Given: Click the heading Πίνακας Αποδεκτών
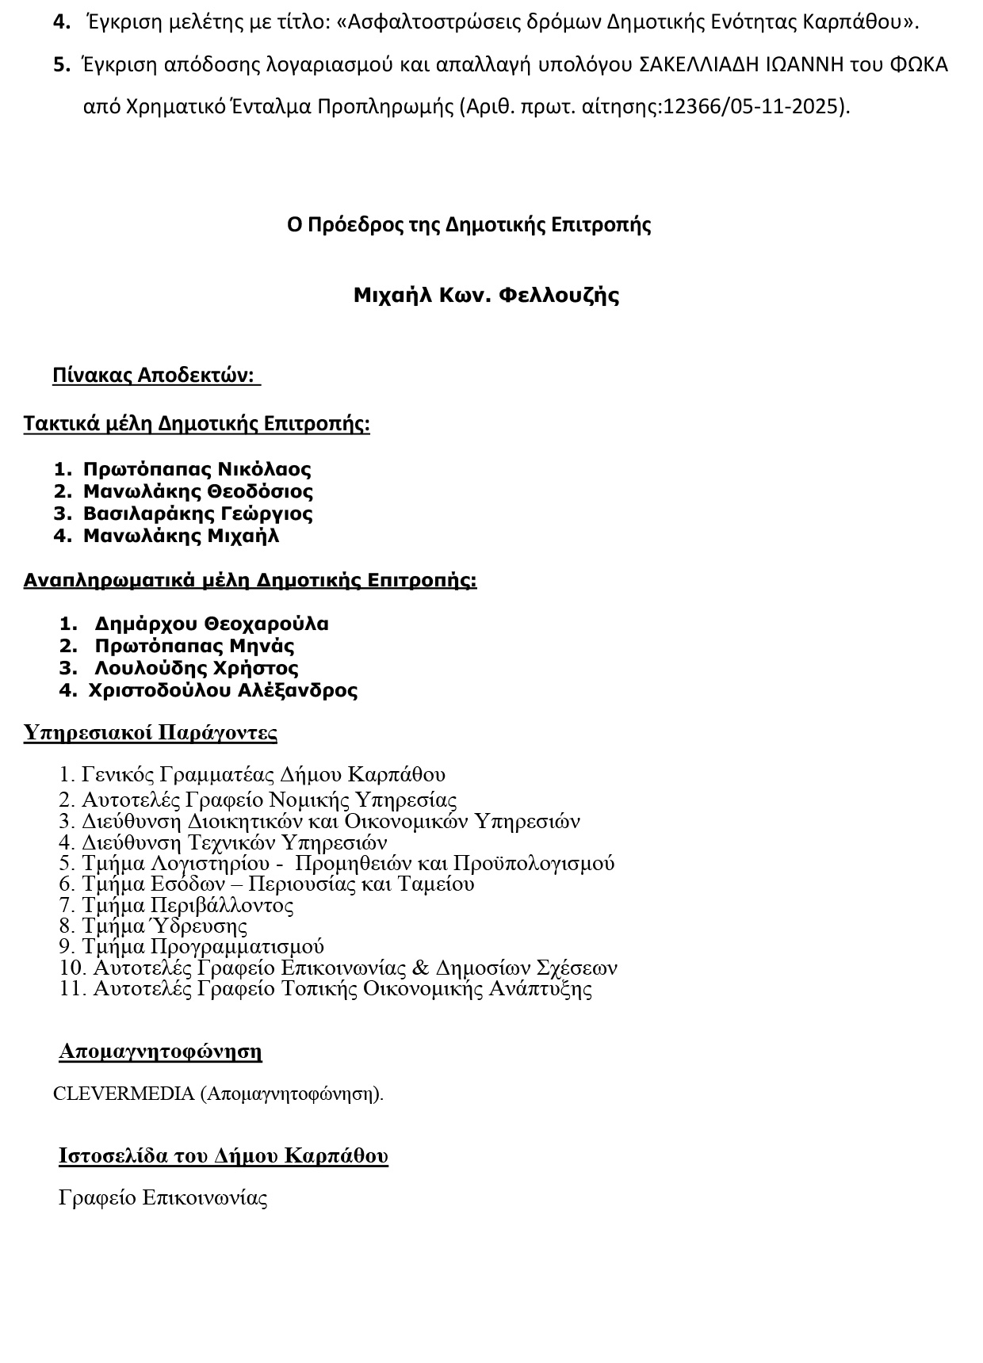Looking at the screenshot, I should click(x=155, y=375).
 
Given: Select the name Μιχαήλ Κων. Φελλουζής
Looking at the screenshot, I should click(x=486, y=296).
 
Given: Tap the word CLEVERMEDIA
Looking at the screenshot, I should click(x=123, y=1094).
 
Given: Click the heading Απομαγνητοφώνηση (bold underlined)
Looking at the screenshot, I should click(x=160, y=1052).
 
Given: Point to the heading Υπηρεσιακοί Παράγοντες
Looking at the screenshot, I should click(x=151, y=731).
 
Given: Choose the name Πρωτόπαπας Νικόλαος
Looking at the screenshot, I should click(x=197, y=469).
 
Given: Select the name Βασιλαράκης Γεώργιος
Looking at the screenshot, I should click(x=198, y=514).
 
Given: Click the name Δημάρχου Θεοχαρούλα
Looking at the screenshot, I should click(x=212, y=624).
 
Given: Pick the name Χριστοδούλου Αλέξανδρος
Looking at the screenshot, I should click(x=223, y=690).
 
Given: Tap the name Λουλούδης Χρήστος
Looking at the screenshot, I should click(x=197, y=668).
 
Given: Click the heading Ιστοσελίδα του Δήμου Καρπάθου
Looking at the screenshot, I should click(x=224, y=1155).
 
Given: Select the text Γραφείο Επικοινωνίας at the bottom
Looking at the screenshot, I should click(x=163, y=1197).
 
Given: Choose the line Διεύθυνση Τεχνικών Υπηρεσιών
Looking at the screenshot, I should click(x=234, y=842).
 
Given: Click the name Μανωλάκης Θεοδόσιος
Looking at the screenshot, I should click(x=198, y=491).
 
